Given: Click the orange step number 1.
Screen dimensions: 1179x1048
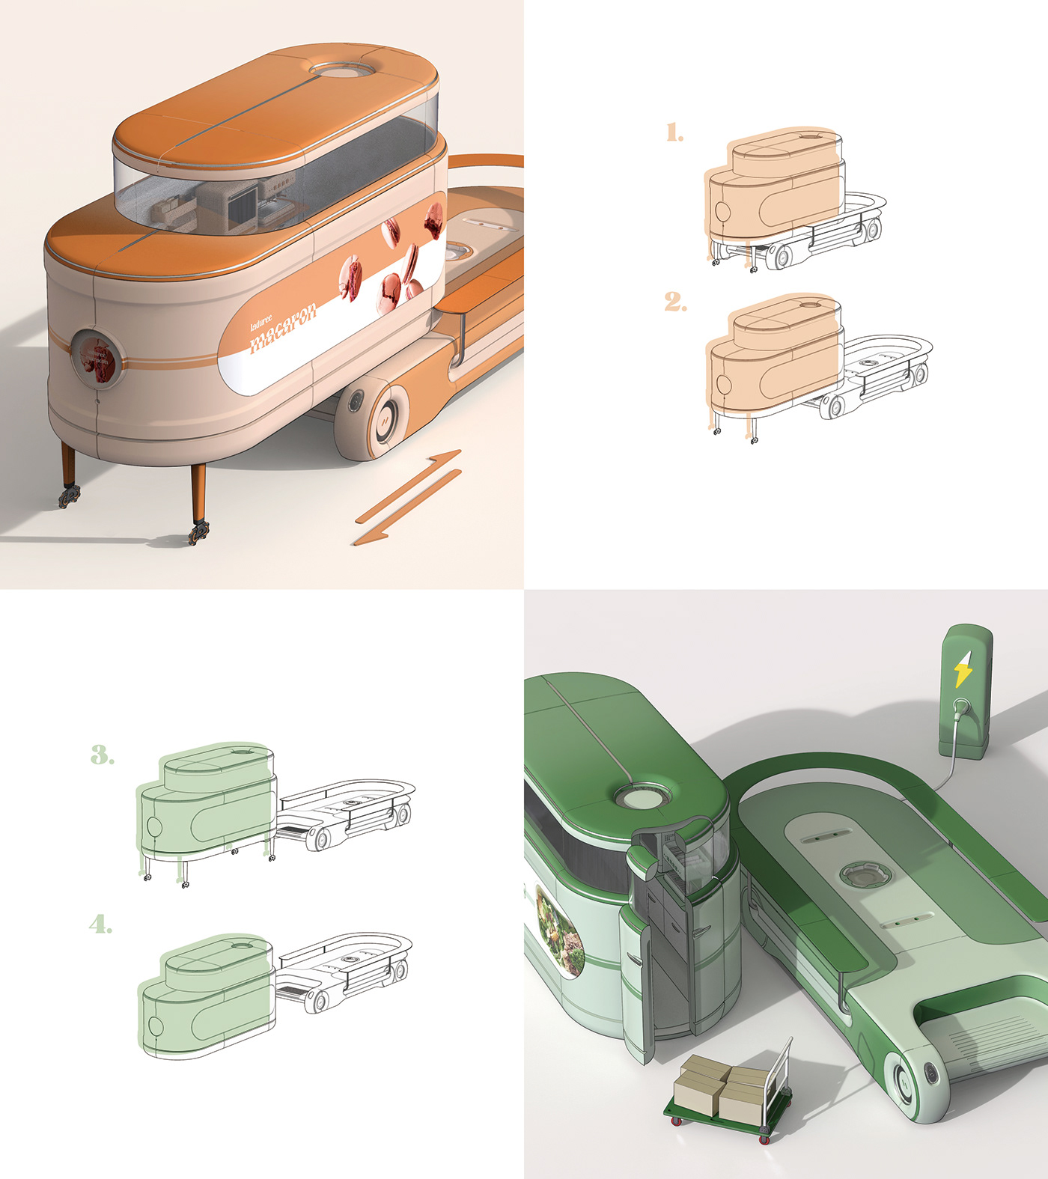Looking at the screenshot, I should coord(674,133).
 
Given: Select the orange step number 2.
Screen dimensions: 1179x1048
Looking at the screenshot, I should coord(674,302).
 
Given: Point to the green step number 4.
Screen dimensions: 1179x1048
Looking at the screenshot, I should coord(100,924).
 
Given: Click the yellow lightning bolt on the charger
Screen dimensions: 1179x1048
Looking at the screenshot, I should coord(963,668).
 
